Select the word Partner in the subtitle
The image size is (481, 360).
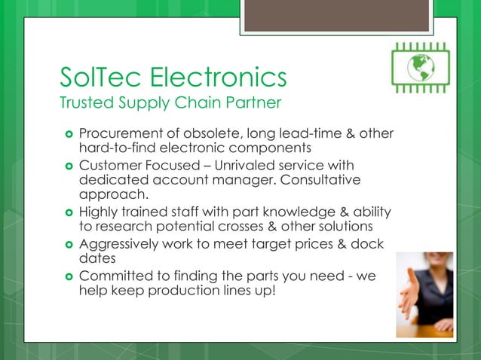coord(251,102)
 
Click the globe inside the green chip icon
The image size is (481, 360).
coord(422,69)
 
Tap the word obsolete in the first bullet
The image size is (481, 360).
coord(213,133)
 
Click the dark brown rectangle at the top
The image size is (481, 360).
coord(336,15)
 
